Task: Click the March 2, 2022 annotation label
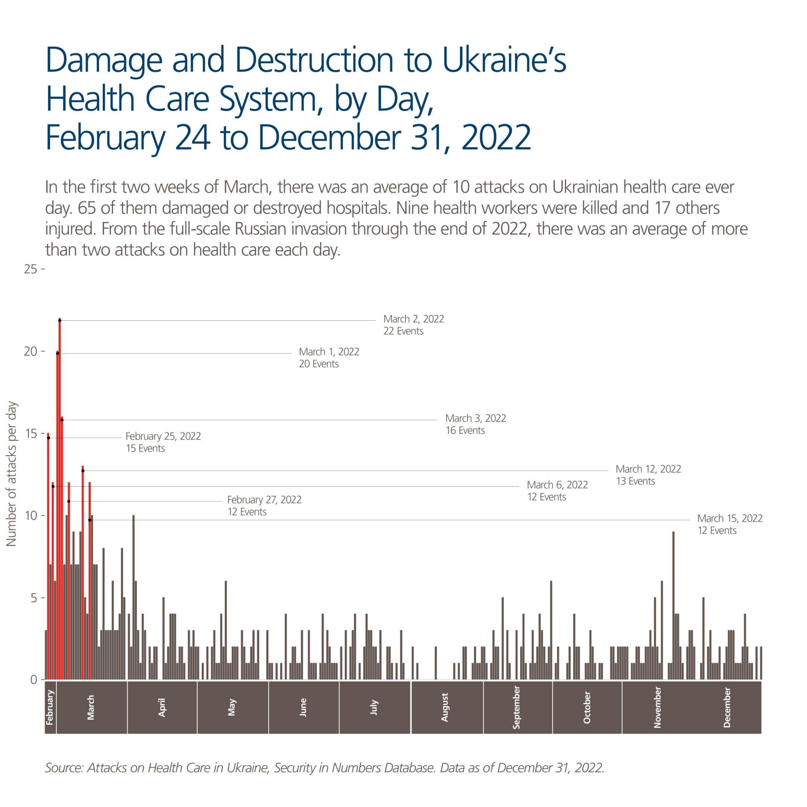pos(413,325)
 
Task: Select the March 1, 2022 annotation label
pos(329,358)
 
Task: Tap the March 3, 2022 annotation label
pos(475,424)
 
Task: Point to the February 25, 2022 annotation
pos(163,442)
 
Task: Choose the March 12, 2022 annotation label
pos(648,475)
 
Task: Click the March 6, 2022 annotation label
pos(557,491)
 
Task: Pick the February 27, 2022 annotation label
pos(264,505)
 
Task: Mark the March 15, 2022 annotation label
pos(730,524)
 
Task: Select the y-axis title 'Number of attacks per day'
pos(12,474)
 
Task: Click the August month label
pos(445,707)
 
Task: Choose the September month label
pos(517,707)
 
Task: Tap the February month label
pos(50,707)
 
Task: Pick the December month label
pos(727,707)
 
